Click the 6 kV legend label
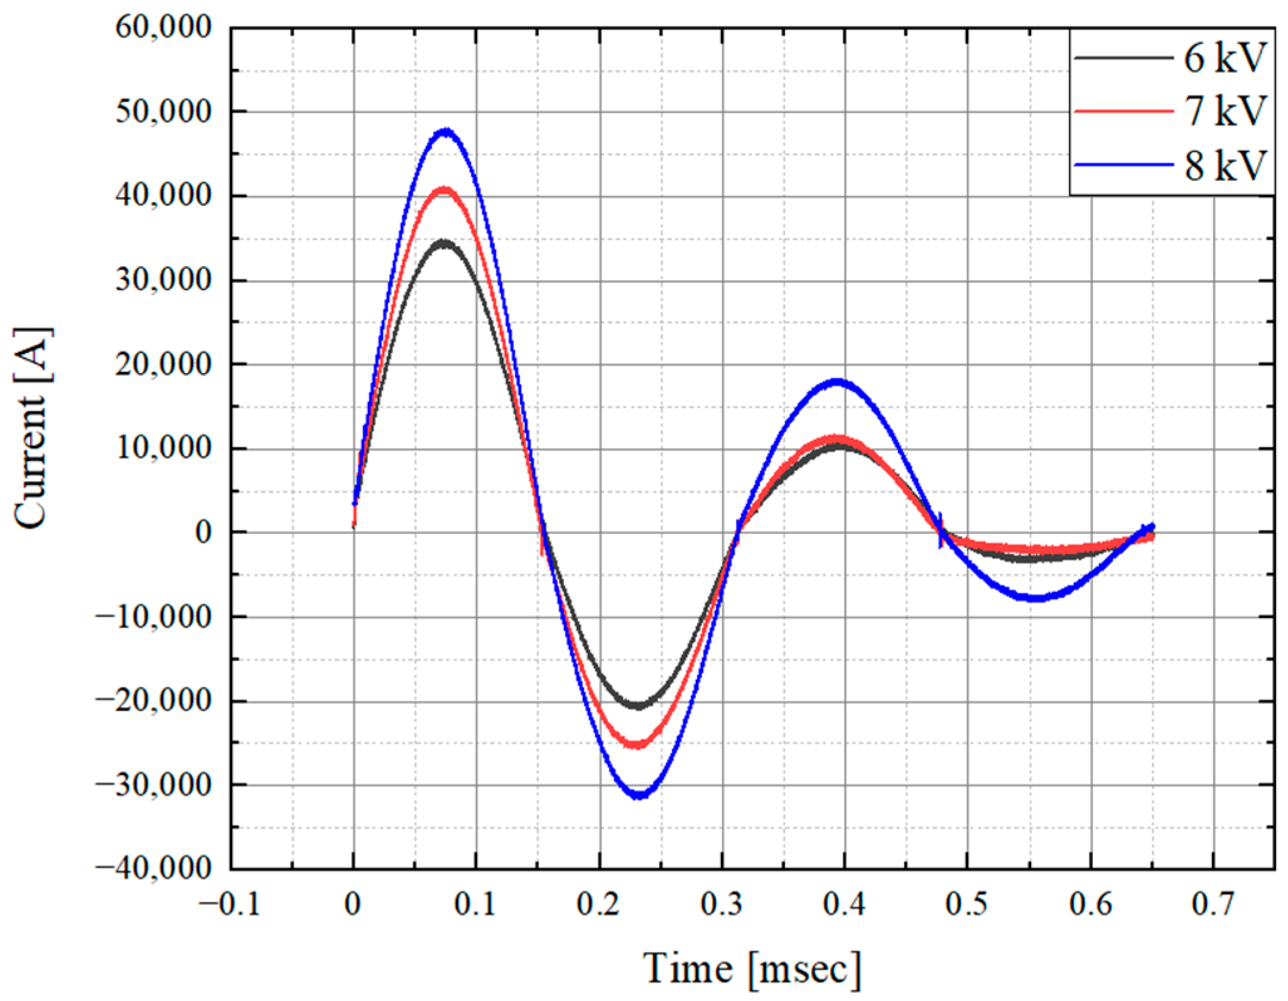tap(1221, 59)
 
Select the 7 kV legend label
tap(1221, 112)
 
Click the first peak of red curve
tap(445, 190)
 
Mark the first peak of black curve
tap(445, 243)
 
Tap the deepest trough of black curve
tap(639, 706)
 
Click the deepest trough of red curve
tap(637, 745)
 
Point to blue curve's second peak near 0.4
tap(837, 381)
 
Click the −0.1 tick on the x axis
tap(230, 905)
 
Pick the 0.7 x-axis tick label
tap(1213, 905)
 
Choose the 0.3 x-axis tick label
tap(722, 905)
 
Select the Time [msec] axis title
tap(752, 967)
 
